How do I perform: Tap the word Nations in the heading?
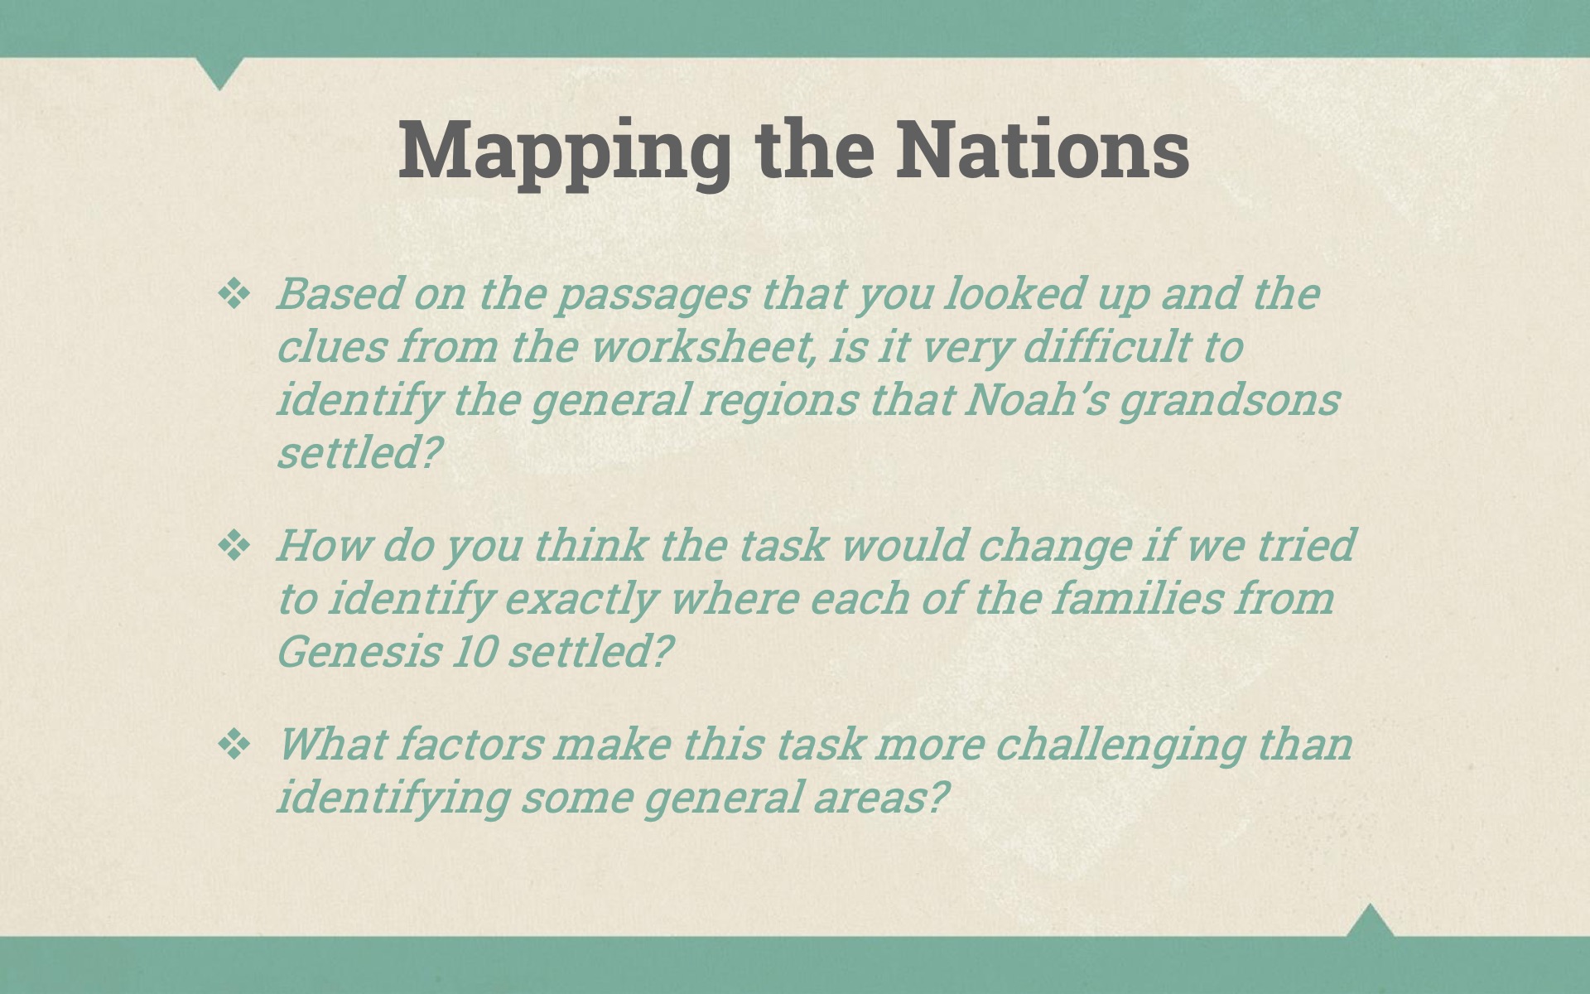[x=1043, y=149]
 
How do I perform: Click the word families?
[x=1137, y=597]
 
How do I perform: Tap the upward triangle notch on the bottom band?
[x=1370, y=920]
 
